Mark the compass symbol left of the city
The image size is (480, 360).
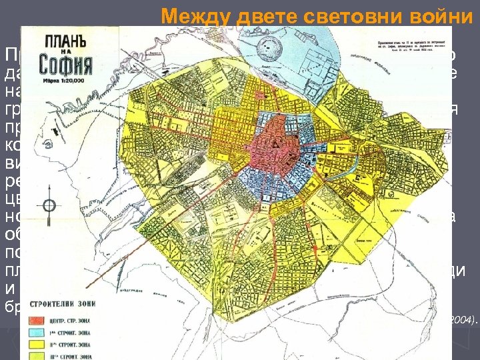(x=47, y=204)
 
